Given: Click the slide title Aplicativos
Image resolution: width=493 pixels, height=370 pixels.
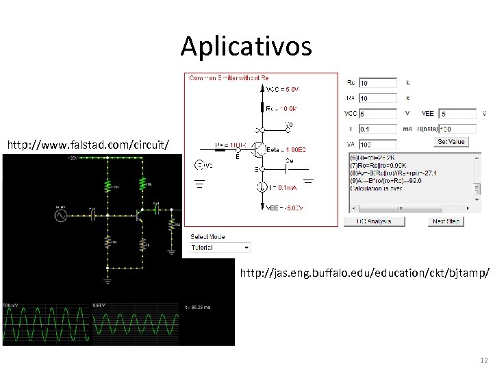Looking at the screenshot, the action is point(246,47).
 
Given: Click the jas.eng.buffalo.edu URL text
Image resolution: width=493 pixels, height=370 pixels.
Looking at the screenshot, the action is point(364,273).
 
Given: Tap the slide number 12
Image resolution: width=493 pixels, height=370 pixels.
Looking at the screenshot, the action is point(483,360).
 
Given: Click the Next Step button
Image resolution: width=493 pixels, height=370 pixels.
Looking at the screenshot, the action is point(446,221).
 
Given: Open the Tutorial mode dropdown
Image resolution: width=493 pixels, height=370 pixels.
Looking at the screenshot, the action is point(220,247).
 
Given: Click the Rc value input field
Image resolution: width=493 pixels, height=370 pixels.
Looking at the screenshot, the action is point(377,83).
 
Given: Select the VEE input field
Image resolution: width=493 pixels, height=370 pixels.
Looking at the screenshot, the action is point(458,113).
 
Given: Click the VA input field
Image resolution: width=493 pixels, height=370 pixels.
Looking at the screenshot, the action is point(377,145).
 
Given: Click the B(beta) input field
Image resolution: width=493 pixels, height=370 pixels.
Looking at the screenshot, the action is point(458,128).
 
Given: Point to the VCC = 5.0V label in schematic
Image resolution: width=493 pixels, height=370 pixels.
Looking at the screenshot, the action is point(283,89).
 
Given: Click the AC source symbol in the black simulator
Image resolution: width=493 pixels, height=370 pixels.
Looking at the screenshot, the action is point(60,215).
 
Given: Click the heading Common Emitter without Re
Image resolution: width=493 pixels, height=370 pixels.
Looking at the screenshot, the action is point(229,77).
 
